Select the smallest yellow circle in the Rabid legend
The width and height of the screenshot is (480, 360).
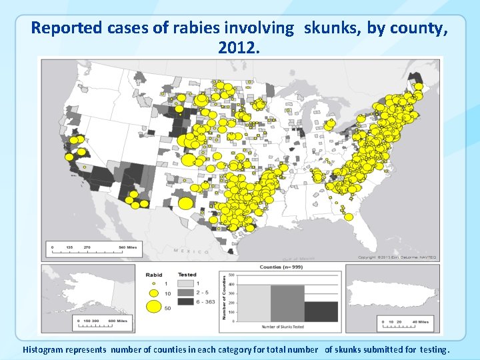[153, 283]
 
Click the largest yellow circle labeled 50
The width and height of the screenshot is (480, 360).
[153, 307]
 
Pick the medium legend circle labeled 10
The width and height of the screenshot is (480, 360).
[153, 293]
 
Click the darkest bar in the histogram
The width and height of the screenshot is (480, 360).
[321, 311]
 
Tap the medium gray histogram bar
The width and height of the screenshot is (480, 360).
[287, 303]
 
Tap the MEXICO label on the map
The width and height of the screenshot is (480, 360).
[187, 251]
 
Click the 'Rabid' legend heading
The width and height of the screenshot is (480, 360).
[154, 273]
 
